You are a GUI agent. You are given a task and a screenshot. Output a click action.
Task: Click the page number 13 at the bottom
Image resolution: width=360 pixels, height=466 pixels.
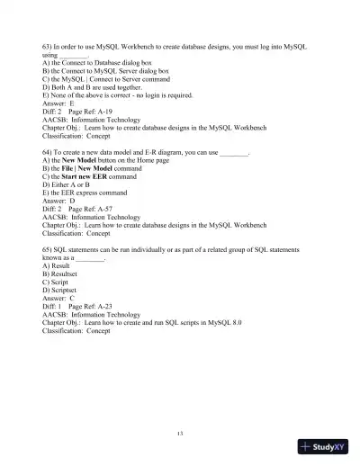point(180,434)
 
